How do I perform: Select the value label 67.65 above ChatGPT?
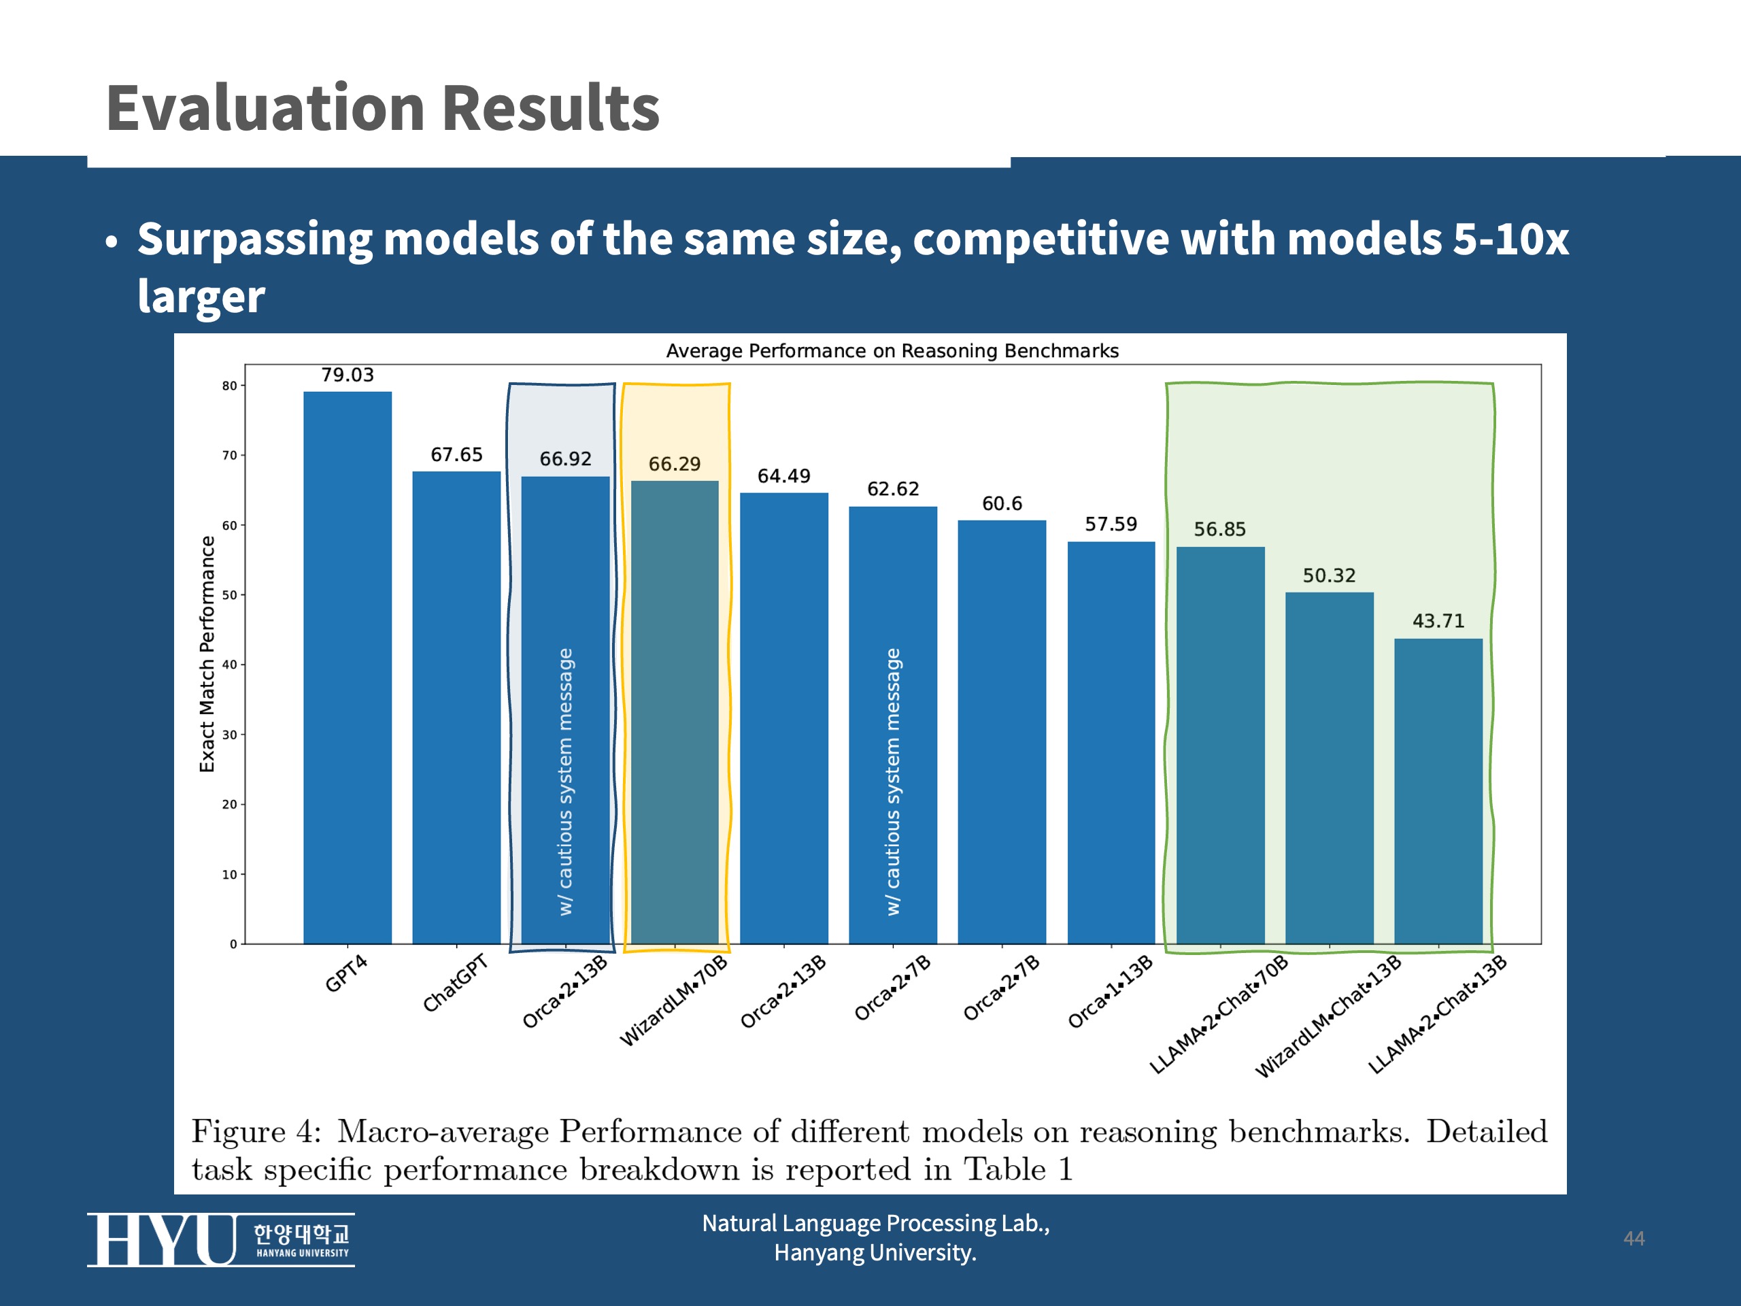click(x=456, y=454)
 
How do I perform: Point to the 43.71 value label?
click(x=1438, y=621)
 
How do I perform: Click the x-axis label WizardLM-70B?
click(x=674, y=1001)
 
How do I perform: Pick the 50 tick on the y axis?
click(x=229, y=595)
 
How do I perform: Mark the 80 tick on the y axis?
click(x=229, y=386)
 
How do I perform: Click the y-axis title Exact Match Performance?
click(x=207, y=654)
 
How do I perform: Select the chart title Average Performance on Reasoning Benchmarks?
click(x=892, y=351)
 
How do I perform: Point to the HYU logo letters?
click(x=161, y=1240)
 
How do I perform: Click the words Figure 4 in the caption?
click(x=255, y=1132)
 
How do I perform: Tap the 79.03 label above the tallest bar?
click(x=347, y=375)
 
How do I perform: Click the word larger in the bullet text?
click(x=201, y=297)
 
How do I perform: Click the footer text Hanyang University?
click(x=875, y=1252)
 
